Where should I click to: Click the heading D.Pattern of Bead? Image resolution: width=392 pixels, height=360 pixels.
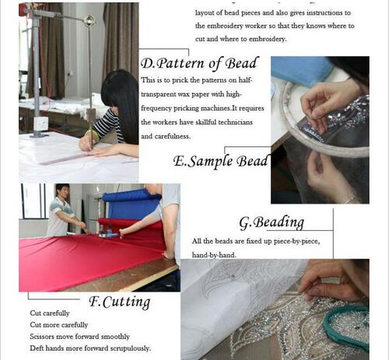(x=200, y=64)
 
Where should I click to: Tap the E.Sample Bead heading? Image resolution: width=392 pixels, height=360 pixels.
(x=221, y=161)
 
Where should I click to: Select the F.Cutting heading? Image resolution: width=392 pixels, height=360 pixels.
(x=120, y=302)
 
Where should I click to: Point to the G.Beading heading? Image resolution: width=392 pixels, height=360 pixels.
(x=271, y=222)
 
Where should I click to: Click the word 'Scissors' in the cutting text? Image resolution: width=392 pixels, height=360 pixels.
(x=42, y=337)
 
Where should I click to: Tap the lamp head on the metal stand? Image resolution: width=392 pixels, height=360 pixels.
(x=89, y=20)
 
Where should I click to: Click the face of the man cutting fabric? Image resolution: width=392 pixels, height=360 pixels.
(x=64, y=192)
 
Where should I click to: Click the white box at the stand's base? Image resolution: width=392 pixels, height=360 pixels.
(x=41, y=124)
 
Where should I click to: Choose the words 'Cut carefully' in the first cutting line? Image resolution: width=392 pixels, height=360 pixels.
(x=50, y=313)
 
